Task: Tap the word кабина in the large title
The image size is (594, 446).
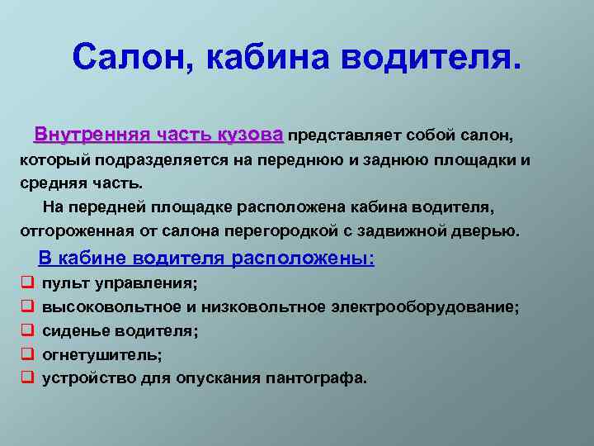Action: point(267,58)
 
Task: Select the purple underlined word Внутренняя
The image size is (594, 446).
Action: point(91,135)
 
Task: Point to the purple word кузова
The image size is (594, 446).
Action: point(251,135)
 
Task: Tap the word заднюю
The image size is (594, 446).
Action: point(395,160)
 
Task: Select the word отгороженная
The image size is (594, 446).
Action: point(78,231)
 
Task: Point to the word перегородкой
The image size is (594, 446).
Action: point(281,231)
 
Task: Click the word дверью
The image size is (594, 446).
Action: point(485,231)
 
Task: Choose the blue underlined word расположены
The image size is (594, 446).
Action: point(303,259)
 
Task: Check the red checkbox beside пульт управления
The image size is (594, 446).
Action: point(28,282)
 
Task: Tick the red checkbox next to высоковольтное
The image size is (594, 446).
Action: point(28,306)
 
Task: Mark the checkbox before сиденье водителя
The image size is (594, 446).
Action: point(28,330)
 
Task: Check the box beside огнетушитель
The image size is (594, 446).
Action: point(28,353)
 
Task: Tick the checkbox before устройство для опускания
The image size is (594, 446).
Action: point(28,377)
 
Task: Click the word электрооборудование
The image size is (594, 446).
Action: point(425,307)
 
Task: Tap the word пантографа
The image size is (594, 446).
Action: point(316,379)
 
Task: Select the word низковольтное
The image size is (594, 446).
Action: point(263,306)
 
